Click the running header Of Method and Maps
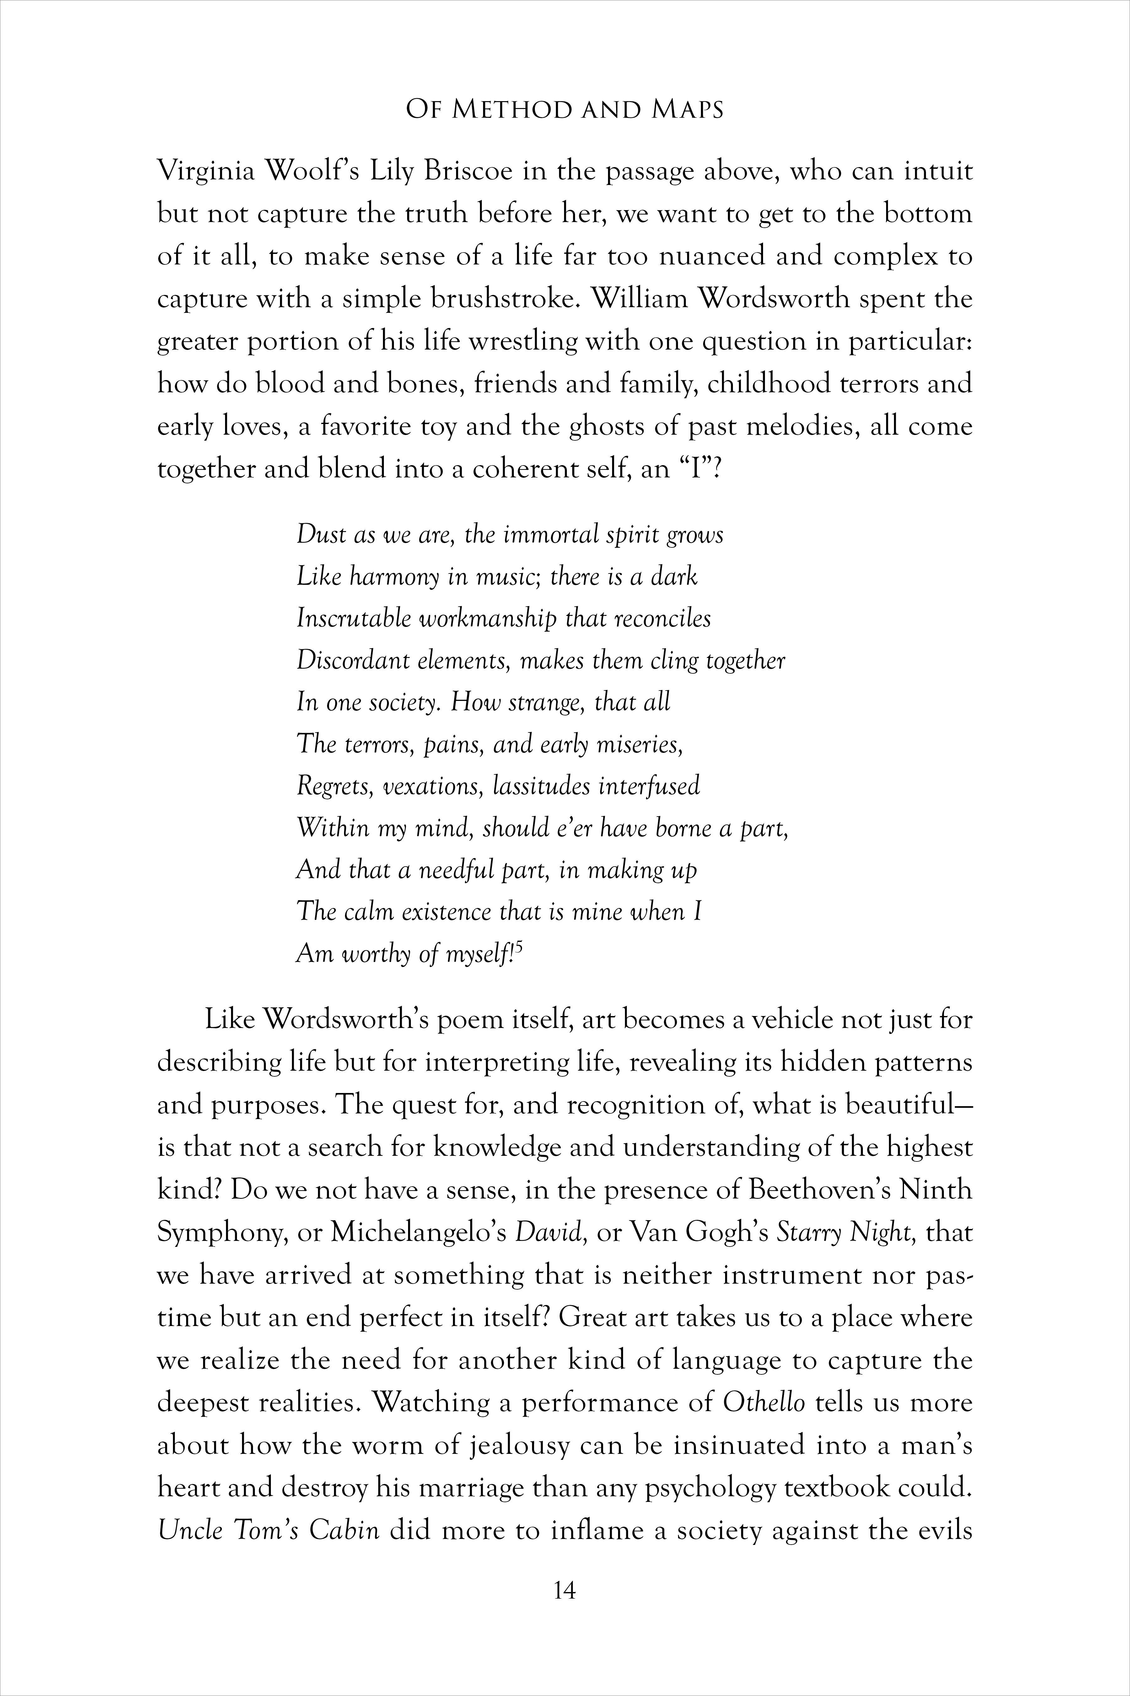(x=564, y=110)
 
